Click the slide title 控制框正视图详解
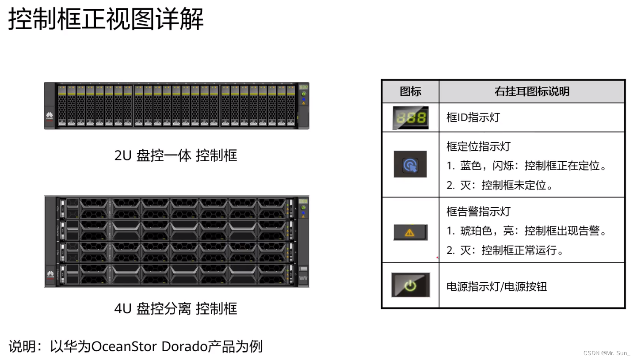click(x=106, y=19)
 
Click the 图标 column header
click(x=410, y=91)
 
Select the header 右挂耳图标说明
click(x=532, y=91)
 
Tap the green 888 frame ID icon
click(x=411, y=117)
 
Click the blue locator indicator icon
click(x=410, y=164)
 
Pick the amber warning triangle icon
click(x=410, y=232)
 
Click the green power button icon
click(x=410, y=285)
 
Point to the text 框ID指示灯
click(x=473, y=117)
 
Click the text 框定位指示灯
click(x=478, y=146)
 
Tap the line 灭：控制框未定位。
click(x=500, y=185)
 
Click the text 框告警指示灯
click(x=478, y=212)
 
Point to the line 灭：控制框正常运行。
click(x=506, y=250)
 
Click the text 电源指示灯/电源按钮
click(x=496, y=286)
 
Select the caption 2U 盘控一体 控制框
click(x=175, y=155)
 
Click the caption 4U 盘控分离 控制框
click(x=175, y=308)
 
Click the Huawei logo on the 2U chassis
click(x=50, y=117)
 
